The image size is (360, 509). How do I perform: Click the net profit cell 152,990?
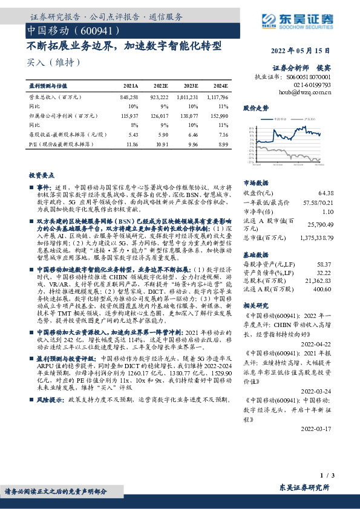pyautogui.click(x=219, y=115)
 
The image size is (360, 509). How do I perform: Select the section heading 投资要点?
pyautogui.click(x=41, y=174)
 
